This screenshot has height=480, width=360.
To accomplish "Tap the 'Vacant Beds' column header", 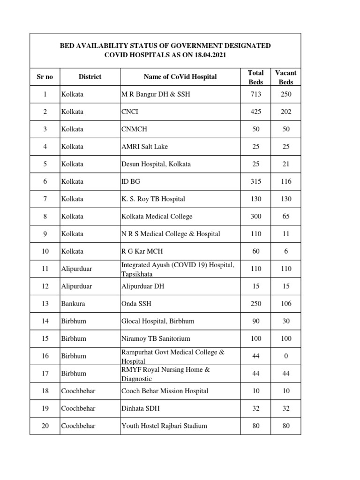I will click(285, 77).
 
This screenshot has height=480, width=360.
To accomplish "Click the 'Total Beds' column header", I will click(255, 77).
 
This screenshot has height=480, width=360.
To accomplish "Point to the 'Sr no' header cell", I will click(45, 76).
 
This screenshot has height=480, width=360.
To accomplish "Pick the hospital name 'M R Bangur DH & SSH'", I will click(156, 94).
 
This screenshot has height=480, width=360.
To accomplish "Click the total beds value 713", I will click(255, 94).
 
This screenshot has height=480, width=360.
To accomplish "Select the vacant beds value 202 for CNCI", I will click(285, 112).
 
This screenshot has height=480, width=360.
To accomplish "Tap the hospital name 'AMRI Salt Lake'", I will click(144, 147).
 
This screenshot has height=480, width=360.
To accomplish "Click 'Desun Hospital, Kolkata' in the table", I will click(156, 164).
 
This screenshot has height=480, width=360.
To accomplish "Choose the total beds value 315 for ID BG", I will click(255, 181).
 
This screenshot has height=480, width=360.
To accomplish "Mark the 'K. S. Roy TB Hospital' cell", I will click(153, 199).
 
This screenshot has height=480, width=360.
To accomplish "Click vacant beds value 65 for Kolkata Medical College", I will click(285, 216).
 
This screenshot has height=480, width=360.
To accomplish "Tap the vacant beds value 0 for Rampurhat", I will click(285, 356).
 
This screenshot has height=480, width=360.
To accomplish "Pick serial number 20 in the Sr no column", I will click(45, 426).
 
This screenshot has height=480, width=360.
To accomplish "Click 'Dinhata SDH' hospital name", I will click(141, 408).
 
